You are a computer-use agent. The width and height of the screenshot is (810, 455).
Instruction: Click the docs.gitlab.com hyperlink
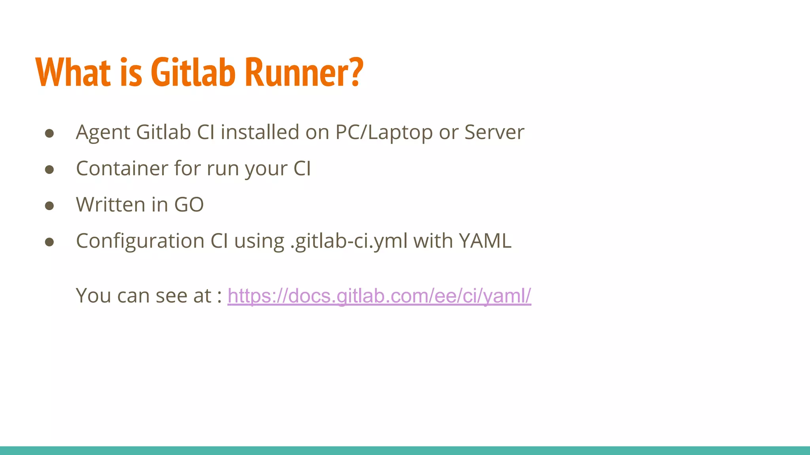click(x=379, y=296)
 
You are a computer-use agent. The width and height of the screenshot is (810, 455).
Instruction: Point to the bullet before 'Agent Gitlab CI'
click(x=49, y=133)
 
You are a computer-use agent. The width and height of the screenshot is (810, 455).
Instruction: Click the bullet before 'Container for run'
click(x=49, y=169)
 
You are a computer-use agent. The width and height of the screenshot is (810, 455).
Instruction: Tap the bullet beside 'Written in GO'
click(x=49, y=206)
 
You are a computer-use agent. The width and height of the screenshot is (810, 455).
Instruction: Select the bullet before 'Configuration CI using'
click(x=49, y=242)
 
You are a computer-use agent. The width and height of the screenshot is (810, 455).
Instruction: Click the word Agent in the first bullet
click(x=103, y=132)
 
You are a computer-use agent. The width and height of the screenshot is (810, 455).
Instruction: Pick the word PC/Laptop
click(x=384, y=132)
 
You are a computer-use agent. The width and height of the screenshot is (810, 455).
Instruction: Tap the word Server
click(x=494, y=132)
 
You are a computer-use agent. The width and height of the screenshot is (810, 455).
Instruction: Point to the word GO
click(x=189, y=205)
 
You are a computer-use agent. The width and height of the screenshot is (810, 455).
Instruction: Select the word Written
click(x=111, y=205)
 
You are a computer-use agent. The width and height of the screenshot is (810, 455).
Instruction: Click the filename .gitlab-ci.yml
click(x=349, y=241)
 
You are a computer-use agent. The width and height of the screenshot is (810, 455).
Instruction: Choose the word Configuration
click(x=140, y=241)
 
